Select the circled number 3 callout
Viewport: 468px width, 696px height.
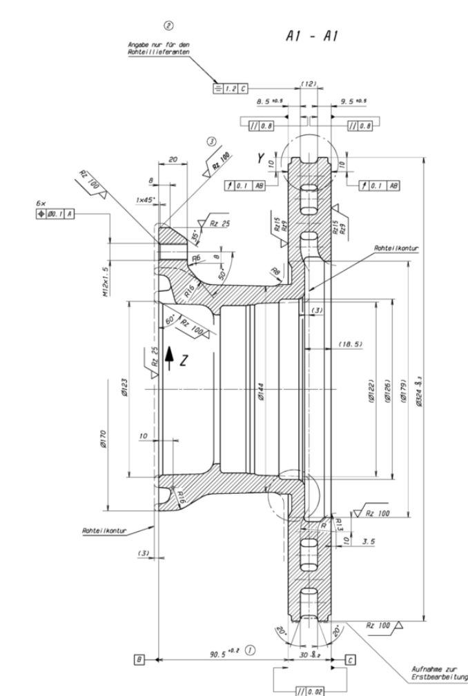coord(212,141)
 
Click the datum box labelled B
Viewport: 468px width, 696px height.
coord(140,660)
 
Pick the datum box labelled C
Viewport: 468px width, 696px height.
coord(350,660)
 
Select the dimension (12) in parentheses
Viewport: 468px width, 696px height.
coord(309,83)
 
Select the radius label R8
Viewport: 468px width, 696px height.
coord(275,271)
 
